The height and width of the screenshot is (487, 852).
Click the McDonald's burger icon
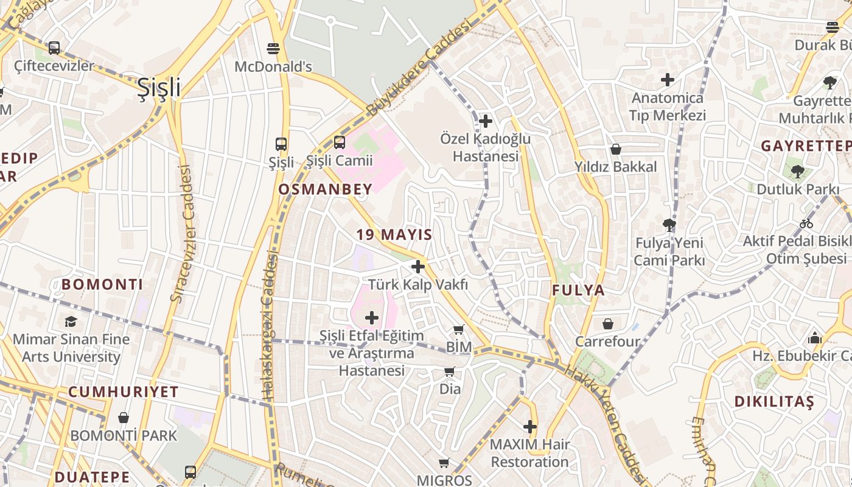click(x=273, y=48)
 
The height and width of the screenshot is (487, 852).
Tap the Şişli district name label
click(x=158, y=87)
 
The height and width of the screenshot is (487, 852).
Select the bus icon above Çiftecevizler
click(x=54, y=47)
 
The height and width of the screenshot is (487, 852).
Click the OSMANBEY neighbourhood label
click(x=325, y=189)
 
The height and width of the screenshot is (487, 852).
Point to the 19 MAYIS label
click(x=394, y=234)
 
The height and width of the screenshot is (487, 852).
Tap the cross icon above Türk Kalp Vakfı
click(x=418, y=266)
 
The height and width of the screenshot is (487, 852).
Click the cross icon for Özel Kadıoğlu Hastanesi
click(x=486, y=121)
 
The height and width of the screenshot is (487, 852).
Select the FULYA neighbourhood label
click(x=578, y=290)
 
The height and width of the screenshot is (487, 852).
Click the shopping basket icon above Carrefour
click(x=607, y=323)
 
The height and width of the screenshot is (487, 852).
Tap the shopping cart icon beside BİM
click(x=459, y=330)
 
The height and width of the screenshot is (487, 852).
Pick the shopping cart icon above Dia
click(x=450, y=371)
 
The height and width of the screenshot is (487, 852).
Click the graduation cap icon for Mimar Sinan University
click(x=71, y=321)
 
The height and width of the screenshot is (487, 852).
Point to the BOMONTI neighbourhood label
click(x=102, y=284)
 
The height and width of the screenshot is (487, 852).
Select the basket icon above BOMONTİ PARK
click(x=124, y=418)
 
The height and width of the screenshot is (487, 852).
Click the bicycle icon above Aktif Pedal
click(x=806, y=223)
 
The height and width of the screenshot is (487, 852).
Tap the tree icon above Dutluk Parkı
click(x=797, y=172)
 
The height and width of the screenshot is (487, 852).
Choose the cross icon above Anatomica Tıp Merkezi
click(x=668, y=80)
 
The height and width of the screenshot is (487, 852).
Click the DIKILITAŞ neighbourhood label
click(x=773, y=402)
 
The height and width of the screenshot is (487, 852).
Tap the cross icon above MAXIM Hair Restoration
click(x=530, y=427)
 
